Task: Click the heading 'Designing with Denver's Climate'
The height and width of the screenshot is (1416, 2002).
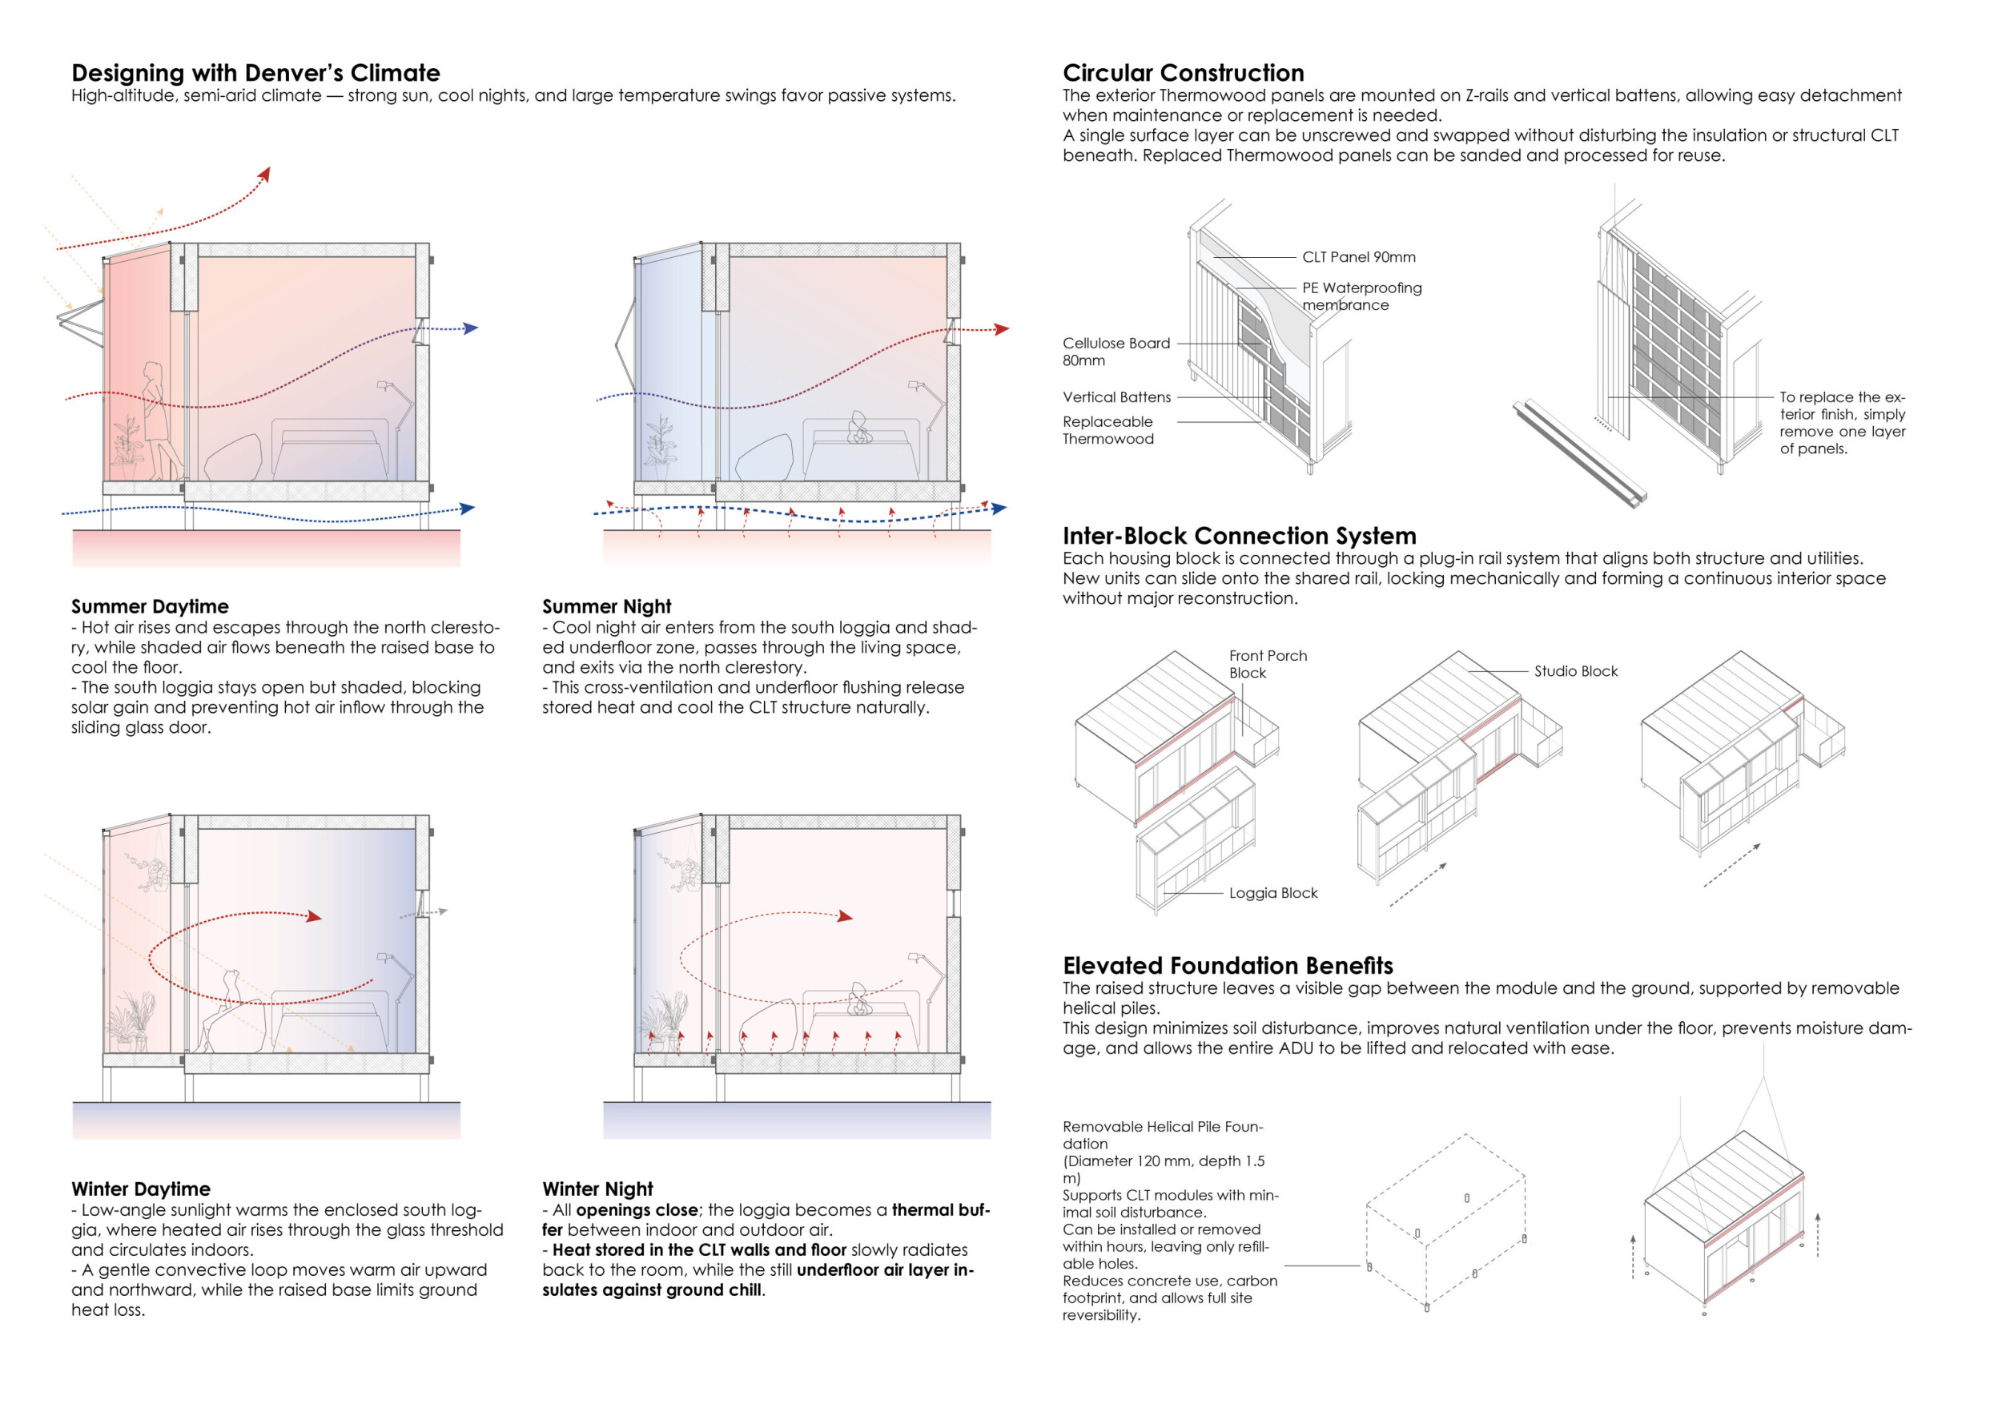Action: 255,72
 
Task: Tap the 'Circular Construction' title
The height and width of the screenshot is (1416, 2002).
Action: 1184,72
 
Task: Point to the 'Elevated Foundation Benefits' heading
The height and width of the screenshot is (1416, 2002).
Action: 1228,965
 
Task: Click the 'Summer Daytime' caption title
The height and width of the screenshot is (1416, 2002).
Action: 150,606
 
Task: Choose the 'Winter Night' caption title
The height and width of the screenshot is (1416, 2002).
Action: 597,1189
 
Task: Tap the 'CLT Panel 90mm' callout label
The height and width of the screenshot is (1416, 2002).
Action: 1358,257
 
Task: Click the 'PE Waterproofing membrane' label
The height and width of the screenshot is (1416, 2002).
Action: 1361,296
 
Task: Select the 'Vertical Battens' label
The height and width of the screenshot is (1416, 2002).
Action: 1116,396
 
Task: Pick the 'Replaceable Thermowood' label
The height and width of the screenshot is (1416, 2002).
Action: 1108,430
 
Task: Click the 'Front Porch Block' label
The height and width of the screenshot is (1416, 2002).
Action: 1267,663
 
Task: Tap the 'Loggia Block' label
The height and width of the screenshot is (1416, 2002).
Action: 1273,893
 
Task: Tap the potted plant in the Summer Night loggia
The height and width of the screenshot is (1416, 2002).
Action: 660,445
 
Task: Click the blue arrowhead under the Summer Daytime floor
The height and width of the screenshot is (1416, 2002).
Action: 468,508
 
